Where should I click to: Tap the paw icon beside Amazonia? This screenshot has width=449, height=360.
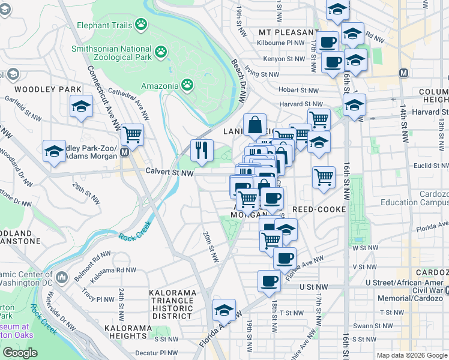[187, 85]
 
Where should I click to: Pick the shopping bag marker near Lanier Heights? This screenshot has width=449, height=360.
[255, 125]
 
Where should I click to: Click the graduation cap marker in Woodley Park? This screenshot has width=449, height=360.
[81, 106]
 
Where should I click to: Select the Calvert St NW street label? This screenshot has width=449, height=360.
[169, 172]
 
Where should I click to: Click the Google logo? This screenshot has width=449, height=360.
[20, 353]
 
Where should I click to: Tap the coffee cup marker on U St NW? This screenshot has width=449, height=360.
[269, 280]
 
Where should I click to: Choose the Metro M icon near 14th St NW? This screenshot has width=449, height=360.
[403, 73]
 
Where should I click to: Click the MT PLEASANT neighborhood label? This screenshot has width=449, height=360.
[288, 32]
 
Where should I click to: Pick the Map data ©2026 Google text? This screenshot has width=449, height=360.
[411, 355]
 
